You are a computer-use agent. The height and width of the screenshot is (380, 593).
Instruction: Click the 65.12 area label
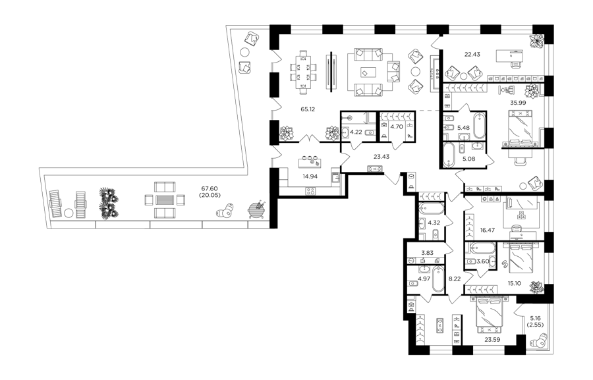coord(308,109)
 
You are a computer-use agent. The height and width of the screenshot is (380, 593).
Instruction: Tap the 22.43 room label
coord(472,55)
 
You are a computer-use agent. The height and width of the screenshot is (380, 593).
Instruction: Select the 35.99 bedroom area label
coord(518,103)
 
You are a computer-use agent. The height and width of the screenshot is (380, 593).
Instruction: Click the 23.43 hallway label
coord(381,157)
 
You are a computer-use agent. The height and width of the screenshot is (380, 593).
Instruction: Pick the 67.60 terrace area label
coord(211,188)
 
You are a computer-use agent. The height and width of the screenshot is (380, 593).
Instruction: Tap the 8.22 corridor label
coord(455,279)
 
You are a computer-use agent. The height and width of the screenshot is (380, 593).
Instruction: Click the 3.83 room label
coord(428,253)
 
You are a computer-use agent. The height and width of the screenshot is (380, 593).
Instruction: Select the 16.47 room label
coord(488,229)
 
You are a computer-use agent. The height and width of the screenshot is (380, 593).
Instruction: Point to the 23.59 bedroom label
coord(492,340)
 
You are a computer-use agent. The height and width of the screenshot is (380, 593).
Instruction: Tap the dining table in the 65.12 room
coord(303,72)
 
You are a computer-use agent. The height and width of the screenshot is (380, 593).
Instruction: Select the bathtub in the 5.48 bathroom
coord(479,126)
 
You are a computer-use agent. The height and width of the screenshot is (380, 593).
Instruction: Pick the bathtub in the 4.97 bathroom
coord(438,279)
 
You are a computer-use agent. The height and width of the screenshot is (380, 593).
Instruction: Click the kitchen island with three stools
coord(311,163)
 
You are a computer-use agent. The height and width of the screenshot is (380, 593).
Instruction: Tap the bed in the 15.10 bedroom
coord(521,258)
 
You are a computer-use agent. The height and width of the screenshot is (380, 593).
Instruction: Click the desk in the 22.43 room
coord(511,57)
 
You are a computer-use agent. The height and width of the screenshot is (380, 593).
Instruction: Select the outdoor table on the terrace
coord(165,200)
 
